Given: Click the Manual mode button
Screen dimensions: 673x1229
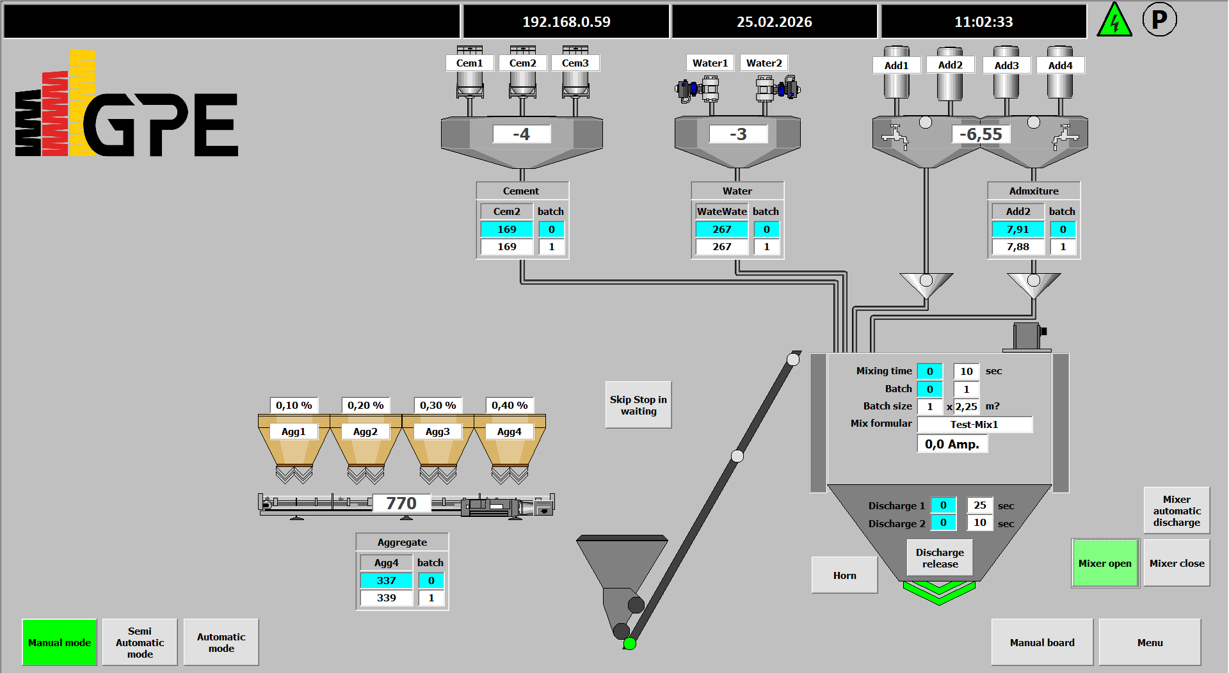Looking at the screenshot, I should pos(60,642).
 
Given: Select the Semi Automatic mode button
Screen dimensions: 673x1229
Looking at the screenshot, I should pos(140,642).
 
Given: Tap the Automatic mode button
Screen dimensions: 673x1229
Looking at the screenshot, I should pos(221,642).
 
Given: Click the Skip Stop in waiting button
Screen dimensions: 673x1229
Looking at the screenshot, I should pos(638,405).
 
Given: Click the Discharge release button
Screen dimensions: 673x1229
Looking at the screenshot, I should pos(940,558).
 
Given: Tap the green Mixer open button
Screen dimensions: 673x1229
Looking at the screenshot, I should pos(1105,563).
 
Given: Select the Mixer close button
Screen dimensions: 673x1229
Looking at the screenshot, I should pos(1177,563).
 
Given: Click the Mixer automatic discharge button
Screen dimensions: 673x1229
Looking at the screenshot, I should pos(1177,511).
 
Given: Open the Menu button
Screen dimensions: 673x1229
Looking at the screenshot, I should pos(1150,642).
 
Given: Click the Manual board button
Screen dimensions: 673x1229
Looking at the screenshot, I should pos(1042,642).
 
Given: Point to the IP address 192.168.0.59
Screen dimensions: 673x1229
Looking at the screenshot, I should pos(566,22).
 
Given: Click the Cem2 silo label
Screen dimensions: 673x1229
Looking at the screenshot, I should pos(522,63).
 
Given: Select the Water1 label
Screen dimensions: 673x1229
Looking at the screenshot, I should pos(710,63).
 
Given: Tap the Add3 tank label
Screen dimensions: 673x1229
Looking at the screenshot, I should pos(1006,65).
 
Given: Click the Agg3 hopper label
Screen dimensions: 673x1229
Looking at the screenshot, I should pos(438,432).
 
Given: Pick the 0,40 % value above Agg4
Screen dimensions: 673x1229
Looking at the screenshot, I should pos(510,405).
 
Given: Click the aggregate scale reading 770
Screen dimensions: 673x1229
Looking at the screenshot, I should pos(401,503).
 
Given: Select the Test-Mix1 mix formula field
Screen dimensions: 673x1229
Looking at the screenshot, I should pos(974,424).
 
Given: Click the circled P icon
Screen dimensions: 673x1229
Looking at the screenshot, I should pos(1159,20).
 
